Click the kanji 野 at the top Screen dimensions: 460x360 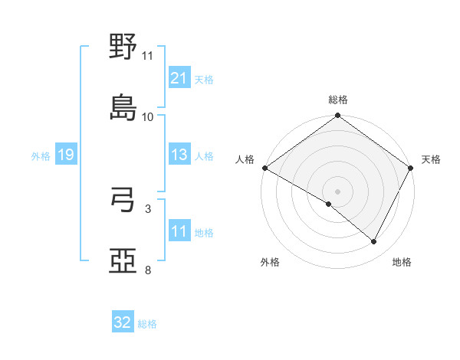point(123,47)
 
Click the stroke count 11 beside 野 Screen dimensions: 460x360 point(148,56)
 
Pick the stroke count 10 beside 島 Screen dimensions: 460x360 point(148,116)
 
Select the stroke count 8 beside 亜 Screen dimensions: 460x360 point(148,270)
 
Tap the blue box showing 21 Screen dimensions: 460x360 point(179,78)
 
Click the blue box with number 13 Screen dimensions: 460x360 point(179,155)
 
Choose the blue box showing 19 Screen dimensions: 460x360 point(65,155)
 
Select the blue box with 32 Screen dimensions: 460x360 point(122,323)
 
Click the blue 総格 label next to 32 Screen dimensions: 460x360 point(147,324)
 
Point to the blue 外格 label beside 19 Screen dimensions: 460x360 point(41,156)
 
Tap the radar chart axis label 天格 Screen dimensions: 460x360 point(431,159)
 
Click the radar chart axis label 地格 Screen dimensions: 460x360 point(402,262)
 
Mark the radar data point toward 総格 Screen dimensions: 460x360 point(337,116)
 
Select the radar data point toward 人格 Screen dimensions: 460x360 point(264,168)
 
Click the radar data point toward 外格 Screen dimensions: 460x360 point(329,204)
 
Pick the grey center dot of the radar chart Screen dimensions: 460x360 point(337,191)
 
